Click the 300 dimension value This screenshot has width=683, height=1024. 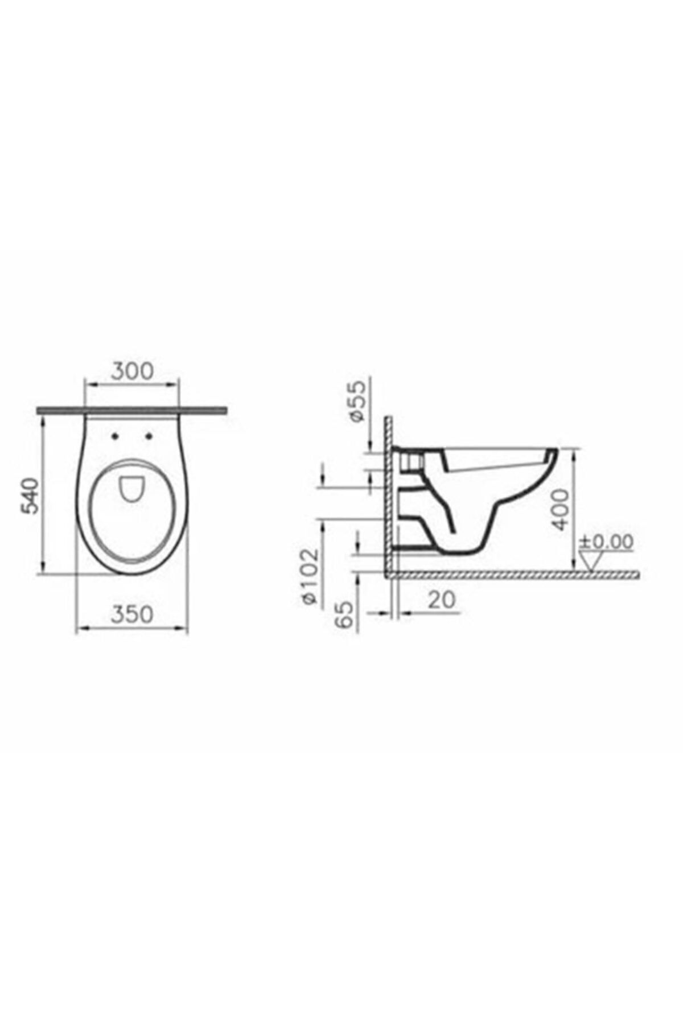[x=132, y=371]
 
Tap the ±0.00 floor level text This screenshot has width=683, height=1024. [x=606, y=542]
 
